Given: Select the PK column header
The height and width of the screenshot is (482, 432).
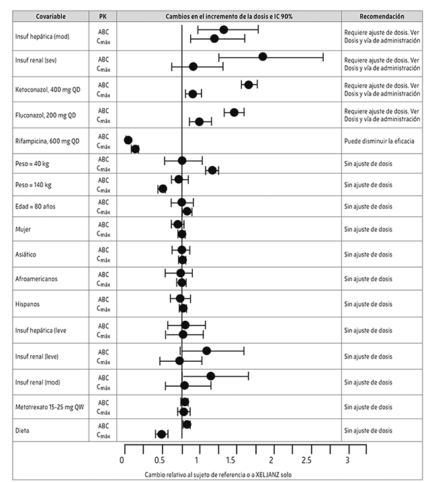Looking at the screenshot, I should point(103,15).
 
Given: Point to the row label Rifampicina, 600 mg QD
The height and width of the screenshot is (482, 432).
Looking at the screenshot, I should point(47,141).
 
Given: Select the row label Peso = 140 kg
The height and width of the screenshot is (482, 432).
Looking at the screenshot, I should point(34,184).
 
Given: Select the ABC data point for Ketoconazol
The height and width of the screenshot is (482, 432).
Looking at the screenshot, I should point(249,85).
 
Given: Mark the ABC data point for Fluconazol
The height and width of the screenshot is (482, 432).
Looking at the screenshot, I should point(234,112).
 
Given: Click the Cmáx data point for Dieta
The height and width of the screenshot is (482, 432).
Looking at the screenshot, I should point(161,434).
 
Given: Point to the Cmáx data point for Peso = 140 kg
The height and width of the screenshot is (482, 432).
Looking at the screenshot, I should point(162,189).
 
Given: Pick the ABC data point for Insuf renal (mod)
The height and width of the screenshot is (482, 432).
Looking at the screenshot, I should point(210,376).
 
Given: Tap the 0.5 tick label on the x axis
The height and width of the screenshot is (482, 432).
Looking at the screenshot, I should point(159,461).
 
